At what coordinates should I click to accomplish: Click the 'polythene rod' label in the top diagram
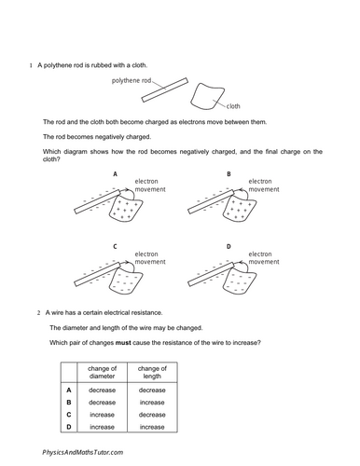point(132,80)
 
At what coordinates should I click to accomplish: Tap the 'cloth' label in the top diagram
point(233,106)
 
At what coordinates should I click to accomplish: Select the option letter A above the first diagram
point(115,174)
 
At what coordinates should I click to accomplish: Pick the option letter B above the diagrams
point(228,174)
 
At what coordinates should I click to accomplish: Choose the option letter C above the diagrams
point(115,247)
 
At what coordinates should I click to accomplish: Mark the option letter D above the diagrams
point(228,247)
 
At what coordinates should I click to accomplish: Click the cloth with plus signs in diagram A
point(126,211)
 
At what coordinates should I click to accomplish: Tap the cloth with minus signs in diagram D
point(240,282)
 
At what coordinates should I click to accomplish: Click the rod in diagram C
point(97,274)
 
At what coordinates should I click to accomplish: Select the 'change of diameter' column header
point(102,372)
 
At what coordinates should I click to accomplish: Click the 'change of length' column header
point(152,372)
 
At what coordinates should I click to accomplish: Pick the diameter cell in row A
point(102,391)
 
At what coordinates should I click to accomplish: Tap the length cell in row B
point(152,403)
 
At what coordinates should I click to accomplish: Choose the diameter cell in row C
point(102,415)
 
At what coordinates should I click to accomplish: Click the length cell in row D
point(152,427)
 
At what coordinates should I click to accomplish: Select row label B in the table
point(69,403)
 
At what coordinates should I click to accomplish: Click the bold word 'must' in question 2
point(123,343)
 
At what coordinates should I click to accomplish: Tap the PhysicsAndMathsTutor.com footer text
point(83,452)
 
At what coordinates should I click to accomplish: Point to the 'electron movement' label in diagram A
point(150,185)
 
